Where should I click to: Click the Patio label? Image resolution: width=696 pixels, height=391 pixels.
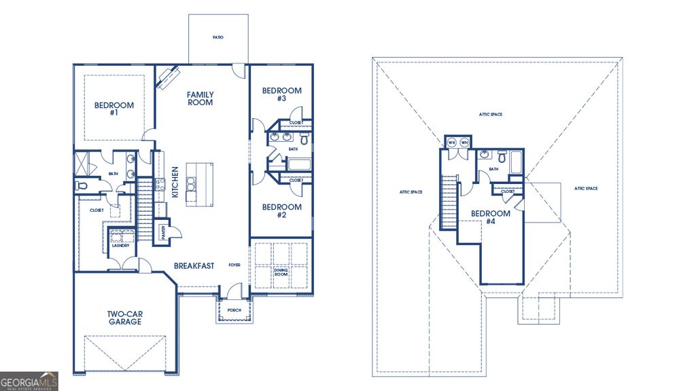tap(217, 37)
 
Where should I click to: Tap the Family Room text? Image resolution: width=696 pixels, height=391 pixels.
tap(201, 98)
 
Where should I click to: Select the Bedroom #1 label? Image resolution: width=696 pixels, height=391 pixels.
tap(114, 109)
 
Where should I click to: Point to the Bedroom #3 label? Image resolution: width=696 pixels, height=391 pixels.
tap(282, 94)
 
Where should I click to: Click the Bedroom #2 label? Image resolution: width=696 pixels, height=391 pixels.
tap(282, 210)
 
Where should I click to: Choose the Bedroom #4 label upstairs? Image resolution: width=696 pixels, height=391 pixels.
tap(490, 217)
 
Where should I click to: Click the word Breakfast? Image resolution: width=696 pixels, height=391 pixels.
tap(194, 265)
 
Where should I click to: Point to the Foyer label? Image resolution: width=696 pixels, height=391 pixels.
tap(234, 265)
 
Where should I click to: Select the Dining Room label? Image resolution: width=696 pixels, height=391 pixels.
tap(281, 272)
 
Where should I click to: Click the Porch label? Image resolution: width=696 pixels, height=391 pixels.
tap(234, 310)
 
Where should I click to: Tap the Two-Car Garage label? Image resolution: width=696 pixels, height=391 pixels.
tap(124, 318)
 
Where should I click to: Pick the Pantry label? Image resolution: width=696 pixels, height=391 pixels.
tap(163, 232)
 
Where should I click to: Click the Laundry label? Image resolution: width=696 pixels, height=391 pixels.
tap(120, 246)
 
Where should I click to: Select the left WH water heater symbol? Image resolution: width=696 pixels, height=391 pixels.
tap(451, 143)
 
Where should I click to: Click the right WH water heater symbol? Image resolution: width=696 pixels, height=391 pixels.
tap(465, 143)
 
